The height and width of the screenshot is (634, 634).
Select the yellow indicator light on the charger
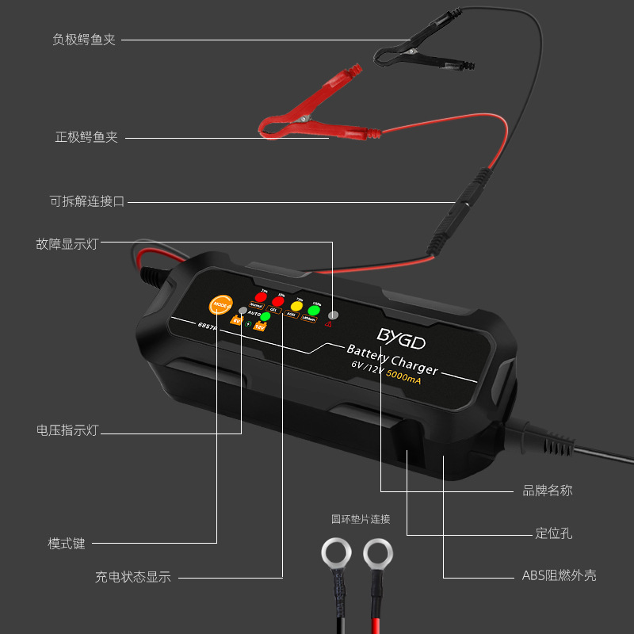(x=297, y=306)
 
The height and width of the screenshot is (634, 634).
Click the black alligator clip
(x=412, y=55)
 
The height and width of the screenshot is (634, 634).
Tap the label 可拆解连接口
(x=87, y=201)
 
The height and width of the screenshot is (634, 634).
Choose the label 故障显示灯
(x=67, y=243)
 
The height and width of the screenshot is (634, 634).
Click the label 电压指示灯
(x=67, y=431)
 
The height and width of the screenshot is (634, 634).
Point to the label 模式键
(x=67, y=544)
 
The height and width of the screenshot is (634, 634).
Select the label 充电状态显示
(x=133, y=577)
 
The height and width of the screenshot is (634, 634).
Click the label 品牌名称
(x=548, y=491)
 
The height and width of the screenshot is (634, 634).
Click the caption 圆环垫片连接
(x=361, y=520)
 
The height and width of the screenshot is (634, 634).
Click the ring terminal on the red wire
(x=378, y=553)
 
